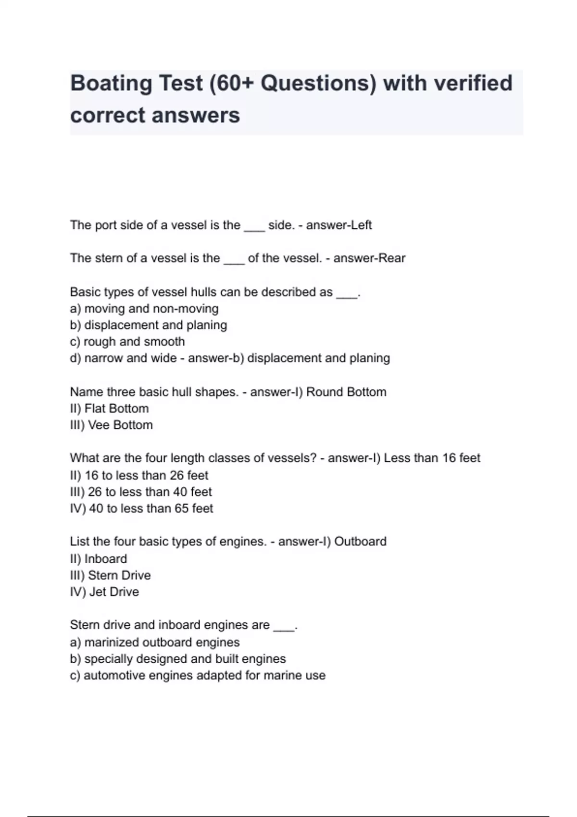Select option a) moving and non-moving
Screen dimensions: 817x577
pyautogui.click(x=144, y=309)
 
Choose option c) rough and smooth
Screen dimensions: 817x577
pyautogui.click(x=127, y=342)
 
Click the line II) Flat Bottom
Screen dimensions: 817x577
pyautogui.click(x=110, y=408)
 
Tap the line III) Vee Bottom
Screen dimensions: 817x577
pyautogui.click(x=112, y=425)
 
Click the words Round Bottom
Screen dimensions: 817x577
pyautogui.click(x=346, y=392)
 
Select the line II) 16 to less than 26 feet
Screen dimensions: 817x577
pyautogui.click(x=139, y=475)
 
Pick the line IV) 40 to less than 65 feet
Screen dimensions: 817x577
pyautogui.click(x=141, y=508)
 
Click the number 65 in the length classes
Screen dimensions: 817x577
pyautogui.click(x=181, y=508)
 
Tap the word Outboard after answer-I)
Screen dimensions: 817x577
pyautogui.click(x=360, y=542)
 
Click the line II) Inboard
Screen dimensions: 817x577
pyautogui.click(x=99, y=559)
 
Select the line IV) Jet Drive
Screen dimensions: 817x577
pyautogui.click(x=104, y=592)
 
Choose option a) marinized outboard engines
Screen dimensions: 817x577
pyautogui.click(x=155, y=643)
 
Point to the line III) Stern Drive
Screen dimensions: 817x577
pyautogui.click(x=111, y=575)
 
